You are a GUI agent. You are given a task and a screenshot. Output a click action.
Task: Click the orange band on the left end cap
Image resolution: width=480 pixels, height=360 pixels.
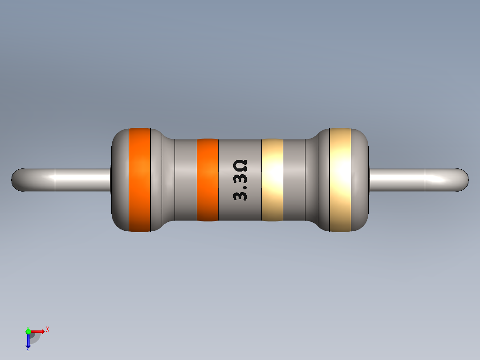point(139,180)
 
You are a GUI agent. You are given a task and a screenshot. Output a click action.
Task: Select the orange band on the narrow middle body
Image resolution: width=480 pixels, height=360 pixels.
point(207,180)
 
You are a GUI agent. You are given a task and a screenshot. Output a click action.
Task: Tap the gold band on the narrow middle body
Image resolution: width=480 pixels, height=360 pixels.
point(272,180)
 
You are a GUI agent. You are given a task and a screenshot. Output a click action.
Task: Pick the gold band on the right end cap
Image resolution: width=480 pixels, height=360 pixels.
point(340,180)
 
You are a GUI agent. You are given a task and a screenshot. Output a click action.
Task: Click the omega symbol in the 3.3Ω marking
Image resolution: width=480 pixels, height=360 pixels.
point(240,167)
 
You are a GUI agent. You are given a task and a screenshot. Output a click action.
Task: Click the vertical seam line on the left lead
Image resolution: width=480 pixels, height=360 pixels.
point(55,180)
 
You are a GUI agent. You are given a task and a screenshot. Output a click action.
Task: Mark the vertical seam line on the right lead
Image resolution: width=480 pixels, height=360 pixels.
point(425,180)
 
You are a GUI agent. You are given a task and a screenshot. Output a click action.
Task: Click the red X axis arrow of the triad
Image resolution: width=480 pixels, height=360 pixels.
point(39,331)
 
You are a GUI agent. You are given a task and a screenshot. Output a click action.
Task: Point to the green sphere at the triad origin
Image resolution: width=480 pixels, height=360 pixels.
point(28,331)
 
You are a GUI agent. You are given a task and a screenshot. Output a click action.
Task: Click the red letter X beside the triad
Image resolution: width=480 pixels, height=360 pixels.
point(48,329)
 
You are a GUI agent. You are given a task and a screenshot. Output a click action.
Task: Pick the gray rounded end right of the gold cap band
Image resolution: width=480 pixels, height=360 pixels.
point(360,180)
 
